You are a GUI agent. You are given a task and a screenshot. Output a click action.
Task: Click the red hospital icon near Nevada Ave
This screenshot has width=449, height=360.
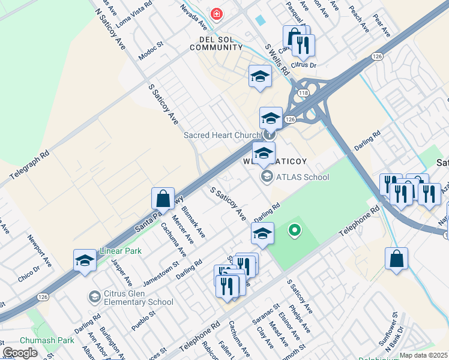pyautogui.click(x=215, y=14)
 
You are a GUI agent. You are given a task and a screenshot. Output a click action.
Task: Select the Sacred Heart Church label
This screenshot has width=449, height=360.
pyautogui.click(x=221, y=135)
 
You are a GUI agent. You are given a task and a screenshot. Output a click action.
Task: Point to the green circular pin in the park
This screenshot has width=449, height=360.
pyautogui.click(x=294, y=229)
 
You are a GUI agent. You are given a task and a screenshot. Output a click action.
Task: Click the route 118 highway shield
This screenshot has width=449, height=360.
pyautogui.click(x=301, y=94)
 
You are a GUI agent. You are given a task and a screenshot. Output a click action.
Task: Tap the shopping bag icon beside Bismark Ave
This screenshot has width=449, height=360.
pyautogui.click(x=163, y=198)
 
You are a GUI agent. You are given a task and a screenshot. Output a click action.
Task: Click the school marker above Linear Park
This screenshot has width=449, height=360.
pyautogui.click(x=85, y=260)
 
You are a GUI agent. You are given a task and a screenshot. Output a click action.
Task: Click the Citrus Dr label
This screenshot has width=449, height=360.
pyautogui.click(x=303, y=64)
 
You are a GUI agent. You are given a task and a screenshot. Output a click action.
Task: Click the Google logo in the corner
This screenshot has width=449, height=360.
pyautogui.click(x=20, y=353)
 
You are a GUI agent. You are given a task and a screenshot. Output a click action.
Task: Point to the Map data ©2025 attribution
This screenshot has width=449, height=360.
pyautogui.click(x=423, y=355)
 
